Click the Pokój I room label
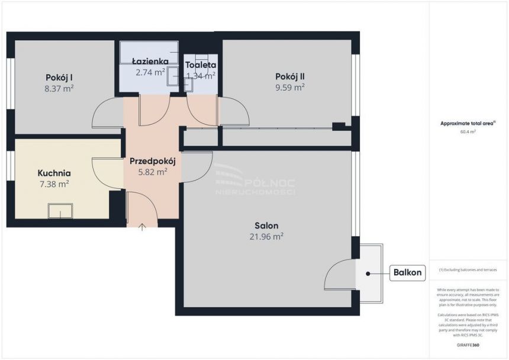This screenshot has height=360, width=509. tap(59, 76)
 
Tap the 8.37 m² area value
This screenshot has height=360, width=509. tap(59, 88)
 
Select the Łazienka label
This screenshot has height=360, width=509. tap(150, 61)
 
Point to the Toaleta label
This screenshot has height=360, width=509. tap(201, 65)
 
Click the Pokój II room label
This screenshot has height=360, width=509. tap(289, 76)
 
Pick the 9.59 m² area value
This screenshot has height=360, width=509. tap(289, 87)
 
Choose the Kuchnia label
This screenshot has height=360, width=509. tap(54, 173)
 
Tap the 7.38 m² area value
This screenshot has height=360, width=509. tap(54, 184)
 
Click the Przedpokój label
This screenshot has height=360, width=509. tap(152, 160)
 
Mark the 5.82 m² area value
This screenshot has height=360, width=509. tap(152, 171)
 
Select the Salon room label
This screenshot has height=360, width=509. tap(266, 225)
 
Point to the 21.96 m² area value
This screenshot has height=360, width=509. tap(266, 236)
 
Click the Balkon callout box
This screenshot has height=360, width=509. tap(407, 272)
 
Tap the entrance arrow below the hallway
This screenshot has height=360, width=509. tap(141, 227)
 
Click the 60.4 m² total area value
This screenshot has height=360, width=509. tap(468, 132)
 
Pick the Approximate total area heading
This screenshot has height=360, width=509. tap(468, 123)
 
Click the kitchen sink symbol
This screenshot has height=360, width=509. tap(60, 211)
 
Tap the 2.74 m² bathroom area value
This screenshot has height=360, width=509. tap(150, 72)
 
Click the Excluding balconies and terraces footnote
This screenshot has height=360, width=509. tap(468, 270)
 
